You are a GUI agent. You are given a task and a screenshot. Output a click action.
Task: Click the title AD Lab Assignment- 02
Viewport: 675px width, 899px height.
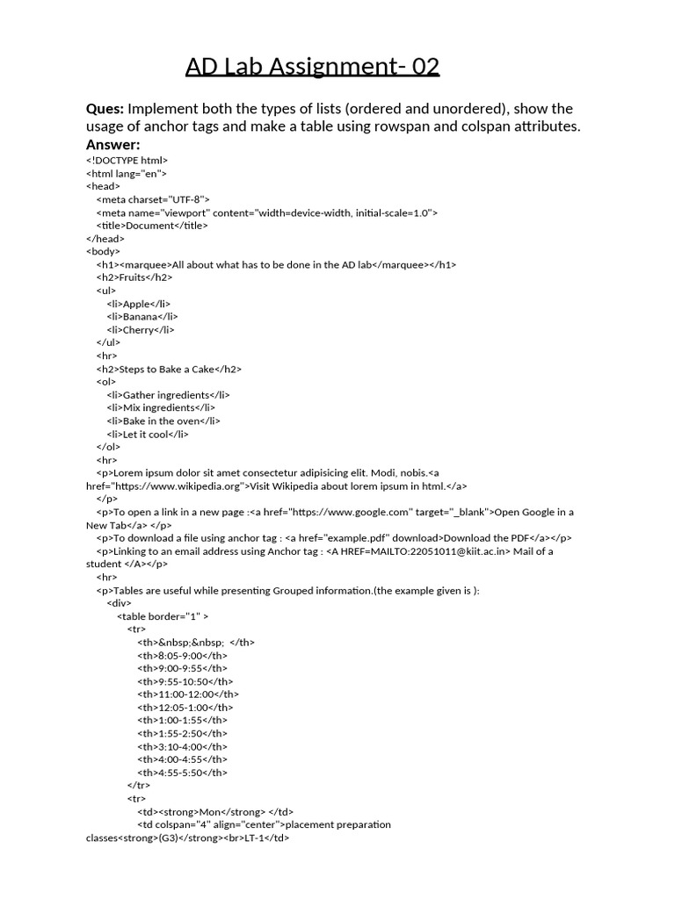(x=312, y=67)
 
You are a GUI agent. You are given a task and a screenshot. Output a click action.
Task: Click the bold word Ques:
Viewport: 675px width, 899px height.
(x=105, y=109)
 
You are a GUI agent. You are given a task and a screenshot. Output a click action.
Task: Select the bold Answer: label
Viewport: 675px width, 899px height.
(x=113, y=144)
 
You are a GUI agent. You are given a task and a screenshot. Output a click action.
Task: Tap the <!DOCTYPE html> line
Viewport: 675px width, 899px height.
(x=127, y=161)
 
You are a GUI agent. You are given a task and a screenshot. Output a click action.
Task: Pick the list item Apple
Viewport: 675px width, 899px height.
(x=137, y=304)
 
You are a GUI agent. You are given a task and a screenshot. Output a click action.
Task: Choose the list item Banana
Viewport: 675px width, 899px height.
(x=141, y=317)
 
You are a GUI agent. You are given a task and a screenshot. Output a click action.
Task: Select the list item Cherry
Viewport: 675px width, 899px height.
(x=139, y=330)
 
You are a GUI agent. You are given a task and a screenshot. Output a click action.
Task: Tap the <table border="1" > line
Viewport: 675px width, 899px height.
(x=163, y=616)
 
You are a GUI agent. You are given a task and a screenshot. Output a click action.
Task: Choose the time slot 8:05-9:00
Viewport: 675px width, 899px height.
(x=180, y=655)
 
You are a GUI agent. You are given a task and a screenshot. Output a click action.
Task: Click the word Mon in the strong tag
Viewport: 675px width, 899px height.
(x=210, y=812)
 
